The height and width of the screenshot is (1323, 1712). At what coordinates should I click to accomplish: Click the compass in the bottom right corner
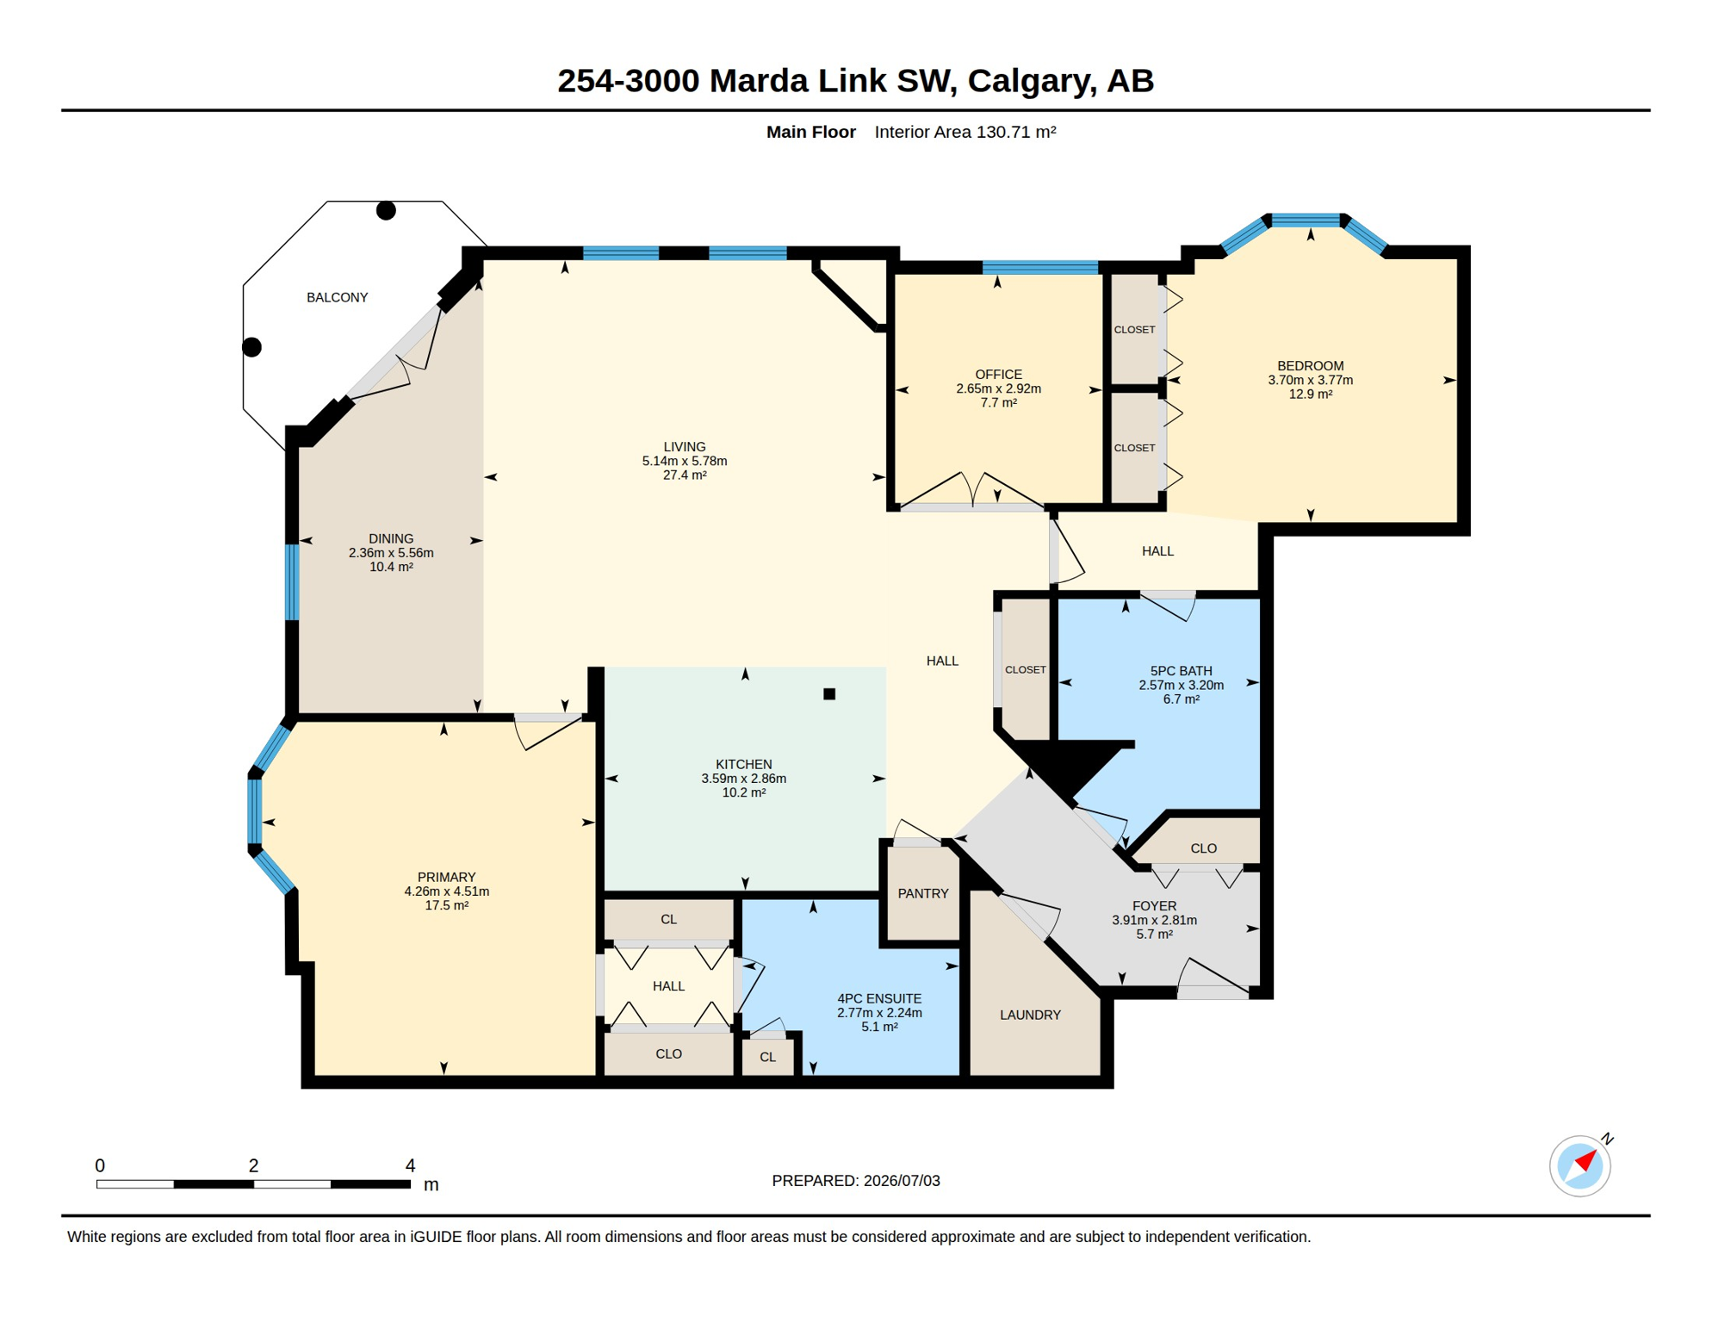tap(1580, 1165)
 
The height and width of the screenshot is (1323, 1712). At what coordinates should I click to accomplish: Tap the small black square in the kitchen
tap(829, 694)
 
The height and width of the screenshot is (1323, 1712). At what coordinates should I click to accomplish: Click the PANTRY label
tap(923, 894)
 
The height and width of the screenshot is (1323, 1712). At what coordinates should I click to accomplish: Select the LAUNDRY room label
tap(1030, 1016)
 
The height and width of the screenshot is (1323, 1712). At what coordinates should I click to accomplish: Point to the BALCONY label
tap(338, 298)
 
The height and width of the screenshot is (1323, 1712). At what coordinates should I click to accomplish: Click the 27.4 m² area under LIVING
tap(685, 475)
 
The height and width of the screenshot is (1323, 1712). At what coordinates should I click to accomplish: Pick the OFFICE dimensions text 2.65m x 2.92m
tap(999, 388)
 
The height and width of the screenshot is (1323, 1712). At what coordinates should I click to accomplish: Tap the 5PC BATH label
tap(1182, 671)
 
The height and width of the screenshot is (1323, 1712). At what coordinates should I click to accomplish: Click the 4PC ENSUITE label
tap(879, 999)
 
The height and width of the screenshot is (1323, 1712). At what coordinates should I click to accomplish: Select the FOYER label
tap(1154, 906)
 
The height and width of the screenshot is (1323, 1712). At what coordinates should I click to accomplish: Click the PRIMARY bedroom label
tap(447, 878)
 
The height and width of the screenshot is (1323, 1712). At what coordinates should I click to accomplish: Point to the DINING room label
tap(391, 539)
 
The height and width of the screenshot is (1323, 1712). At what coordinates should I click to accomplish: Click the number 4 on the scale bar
tap(411, 1165)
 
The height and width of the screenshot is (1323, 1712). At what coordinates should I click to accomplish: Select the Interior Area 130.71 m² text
tap(965, 132)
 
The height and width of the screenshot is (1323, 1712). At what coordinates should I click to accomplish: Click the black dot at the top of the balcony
tap(386, 210)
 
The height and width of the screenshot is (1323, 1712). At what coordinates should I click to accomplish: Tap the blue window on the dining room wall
tap(292, 581)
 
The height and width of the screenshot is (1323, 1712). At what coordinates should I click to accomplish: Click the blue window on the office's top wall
tap(1040, 268)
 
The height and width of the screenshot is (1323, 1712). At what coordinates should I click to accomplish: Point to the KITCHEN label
tap(744, 765)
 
